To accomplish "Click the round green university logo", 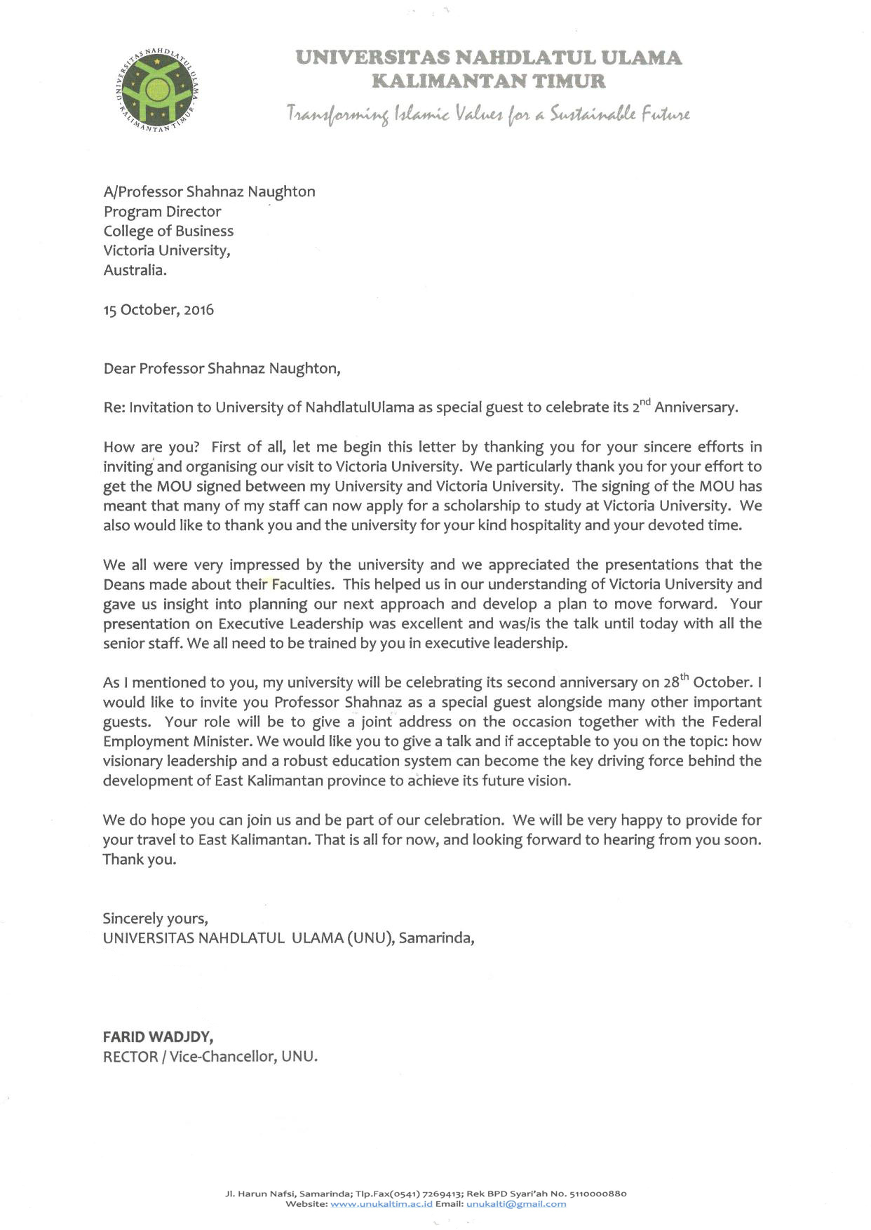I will click(158, 88).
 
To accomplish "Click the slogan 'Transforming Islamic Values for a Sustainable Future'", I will click(487, 114).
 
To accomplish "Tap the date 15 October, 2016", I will click(158, 309).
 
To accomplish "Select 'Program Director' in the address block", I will click(162, 211).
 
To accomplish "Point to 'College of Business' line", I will click(168, 231).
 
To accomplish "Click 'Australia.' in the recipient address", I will click(135, 270).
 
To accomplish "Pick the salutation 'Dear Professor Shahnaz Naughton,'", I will click(222, 368).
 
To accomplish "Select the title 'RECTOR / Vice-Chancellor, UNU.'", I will click(210, 1056).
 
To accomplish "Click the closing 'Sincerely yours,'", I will click(155, 918).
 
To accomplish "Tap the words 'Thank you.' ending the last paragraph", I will click(140, 859).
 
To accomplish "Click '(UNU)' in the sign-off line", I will click(369, 938).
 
